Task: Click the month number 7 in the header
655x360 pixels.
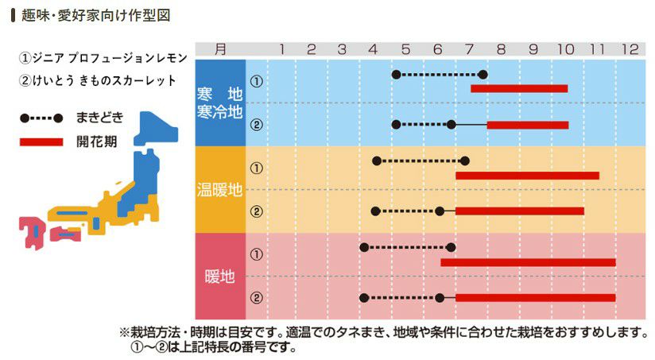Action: pos(468,50)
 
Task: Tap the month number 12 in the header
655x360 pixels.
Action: pos(630,50)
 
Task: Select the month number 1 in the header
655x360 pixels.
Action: pos(281,50)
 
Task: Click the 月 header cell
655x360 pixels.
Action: pos(220,49)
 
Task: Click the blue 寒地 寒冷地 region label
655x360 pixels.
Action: pos(220,103)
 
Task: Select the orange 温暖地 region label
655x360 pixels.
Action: pos(220,190)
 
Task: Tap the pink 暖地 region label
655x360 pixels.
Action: pos(220,277)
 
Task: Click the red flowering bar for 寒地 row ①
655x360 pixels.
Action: pos(519,88)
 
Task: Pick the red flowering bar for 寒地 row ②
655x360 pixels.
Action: pos(528,125)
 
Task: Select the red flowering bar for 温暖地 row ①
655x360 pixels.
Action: pos(527,175)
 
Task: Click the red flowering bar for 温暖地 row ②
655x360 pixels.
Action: pos(520,211)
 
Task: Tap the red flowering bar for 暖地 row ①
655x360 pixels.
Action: pos(528,261)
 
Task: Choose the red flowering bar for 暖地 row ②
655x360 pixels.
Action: pos(535,298)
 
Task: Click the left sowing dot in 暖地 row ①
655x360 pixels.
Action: pos(364,248)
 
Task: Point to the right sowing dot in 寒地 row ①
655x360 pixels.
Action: pos(483,75)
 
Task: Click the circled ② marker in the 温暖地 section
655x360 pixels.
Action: pos(256,211)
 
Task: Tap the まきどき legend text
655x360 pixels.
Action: pos(100,118)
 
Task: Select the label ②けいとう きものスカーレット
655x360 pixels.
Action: pos(99,81)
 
